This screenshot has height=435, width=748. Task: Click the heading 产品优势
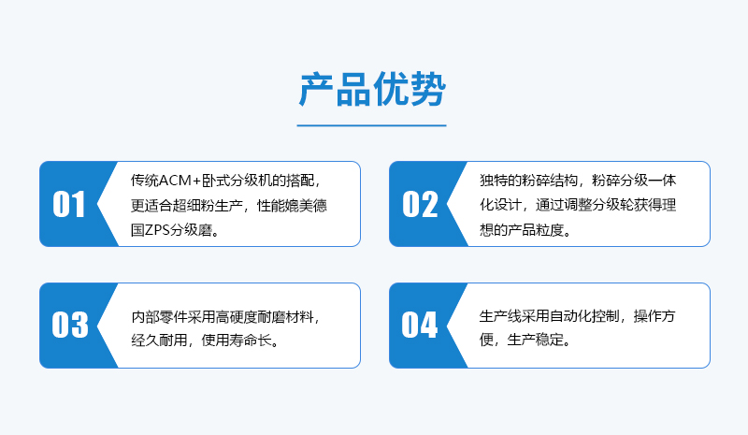tap(372, 89)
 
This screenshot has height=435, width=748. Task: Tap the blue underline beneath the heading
tap(371, 125)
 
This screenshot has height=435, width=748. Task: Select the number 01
tap(68, 204)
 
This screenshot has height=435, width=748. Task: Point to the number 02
tap(420, 204)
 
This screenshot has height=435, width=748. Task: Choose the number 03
tap(69, 325)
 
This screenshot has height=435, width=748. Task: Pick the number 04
tap(419, 325)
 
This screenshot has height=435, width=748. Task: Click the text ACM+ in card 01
tap(180, 181)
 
